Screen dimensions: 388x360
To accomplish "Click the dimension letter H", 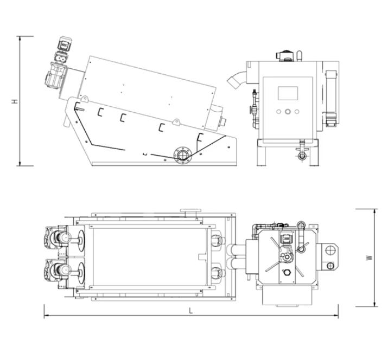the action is [15, 101].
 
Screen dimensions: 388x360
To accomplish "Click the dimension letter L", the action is [190, 311].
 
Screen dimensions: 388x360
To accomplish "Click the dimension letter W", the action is [369, 258].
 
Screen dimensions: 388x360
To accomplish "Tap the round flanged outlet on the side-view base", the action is [183, 155].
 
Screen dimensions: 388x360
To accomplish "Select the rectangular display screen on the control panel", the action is [288, 93].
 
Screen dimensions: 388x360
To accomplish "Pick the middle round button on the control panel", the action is [288, 112].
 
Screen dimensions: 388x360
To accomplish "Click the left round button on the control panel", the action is [278, 112].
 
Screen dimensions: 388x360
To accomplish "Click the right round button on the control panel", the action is [297, 112].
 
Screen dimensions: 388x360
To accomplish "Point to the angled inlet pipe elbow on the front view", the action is [236, 79].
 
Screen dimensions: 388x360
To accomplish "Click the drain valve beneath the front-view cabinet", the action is [302, 151].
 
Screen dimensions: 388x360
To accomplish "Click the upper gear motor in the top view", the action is [56, 239].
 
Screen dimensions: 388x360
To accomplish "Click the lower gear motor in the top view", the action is [56, 271].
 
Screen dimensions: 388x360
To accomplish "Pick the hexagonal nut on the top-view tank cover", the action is [287, 272].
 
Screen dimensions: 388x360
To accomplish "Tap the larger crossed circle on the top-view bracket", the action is [330, 250].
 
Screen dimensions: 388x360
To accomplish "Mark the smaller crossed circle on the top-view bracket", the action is [330, 266].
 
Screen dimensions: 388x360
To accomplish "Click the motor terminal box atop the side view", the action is [64, 44].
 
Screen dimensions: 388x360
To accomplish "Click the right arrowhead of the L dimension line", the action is [337, 315].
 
